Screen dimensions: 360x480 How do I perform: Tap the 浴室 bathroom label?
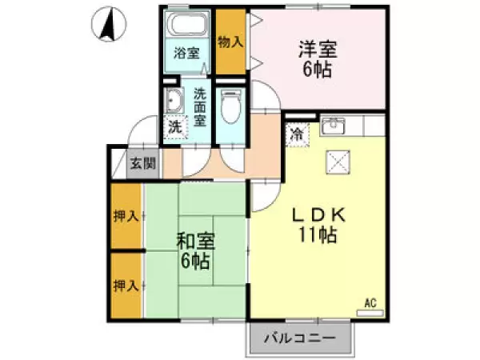point(187,54)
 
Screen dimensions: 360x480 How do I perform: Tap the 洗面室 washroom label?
point(199,107)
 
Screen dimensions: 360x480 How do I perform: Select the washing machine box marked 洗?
point(174,126)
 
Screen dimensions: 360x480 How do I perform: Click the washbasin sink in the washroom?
point(174,101)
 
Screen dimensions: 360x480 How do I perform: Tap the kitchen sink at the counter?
point(332,126)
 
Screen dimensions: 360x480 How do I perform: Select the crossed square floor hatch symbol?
point(337,163)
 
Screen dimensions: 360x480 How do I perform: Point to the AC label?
point(370,302)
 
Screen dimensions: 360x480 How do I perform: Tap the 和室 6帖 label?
point(196,250)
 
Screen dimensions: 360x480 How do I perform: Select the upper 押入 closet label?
point(126,217)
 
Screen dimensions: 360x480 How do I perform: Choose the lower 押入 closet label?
point(126,284)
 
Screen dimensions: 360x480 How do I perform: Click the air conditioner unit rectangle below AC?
point(370,313)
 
